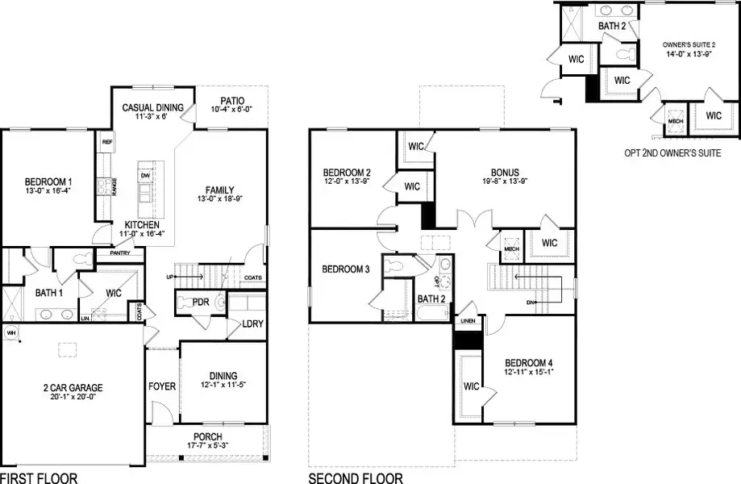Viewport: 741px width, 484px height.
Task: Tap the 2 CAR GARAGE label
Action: click(73, 388)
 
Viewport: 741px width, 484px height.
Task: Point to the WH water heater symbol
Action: click(11, 332)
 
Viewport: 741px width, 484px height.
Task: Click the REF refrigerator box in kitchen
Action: click(106, 142)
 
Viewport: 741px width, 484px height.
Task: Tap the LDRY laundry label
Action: click(252, 324)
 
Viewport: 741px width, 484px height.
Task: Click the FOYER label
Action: click(162, 386)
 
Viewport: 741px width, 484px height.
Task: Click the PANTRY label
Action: click(109, 253)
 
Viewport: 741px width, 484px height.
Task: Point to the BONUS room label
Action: click(505, 173)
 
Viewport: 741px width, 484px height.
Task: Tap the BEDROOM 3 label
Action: click(345, 269)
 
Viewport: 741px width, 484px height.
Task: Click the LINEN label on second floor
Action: click(468, 322)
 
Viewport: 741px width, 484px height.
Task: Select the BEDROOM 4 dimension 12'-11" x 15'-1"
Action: click(528, 373)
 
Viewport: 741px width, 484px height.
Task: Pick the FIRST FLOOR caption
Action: click(39, 478)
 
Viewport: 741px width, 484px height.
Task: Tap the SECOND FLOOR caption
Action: click(356, 478)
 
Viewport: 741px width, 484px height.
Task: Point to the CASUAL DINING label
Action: click(152, 107)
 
